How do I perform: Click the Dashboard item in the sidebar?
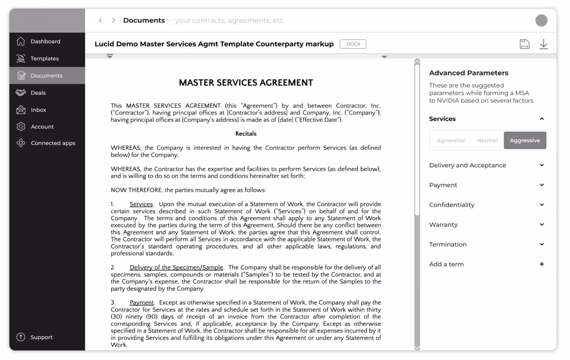(x=45, y=41)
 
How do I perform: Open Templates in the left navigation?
(x=44, y=58)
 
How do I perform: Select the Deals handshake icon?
(x=21, y=92)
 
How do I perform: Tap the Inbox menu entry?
(x=38, y=110)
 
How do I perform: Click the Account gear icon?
(x=21, y=127)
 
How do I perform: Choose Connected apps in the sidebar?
(x=53, y=143)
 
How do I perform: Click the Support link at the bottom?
(x=41, y=337)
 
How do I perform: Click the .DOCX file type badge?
(x=353, y=44)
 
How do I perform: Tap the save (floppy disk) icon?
(x=525, y=44)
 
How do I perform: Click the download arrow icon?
(x=544, y=44)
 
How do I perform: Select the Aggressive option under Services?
(x=525, y=140)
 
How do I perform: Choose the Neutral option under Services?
(x=487, y=140)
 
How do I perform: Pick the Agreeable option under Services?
(x=451, y=140)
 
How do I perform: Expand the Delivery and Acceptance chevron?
(x=542, y=165)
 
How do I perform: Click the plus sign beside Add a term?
(x=542, y=264)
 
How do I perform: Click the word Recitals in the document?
(x=246, y=134)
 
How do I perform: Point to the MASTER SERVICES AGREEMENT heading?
(x=246, y=83)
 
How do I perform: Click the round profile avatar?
(x=541, y=20)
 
